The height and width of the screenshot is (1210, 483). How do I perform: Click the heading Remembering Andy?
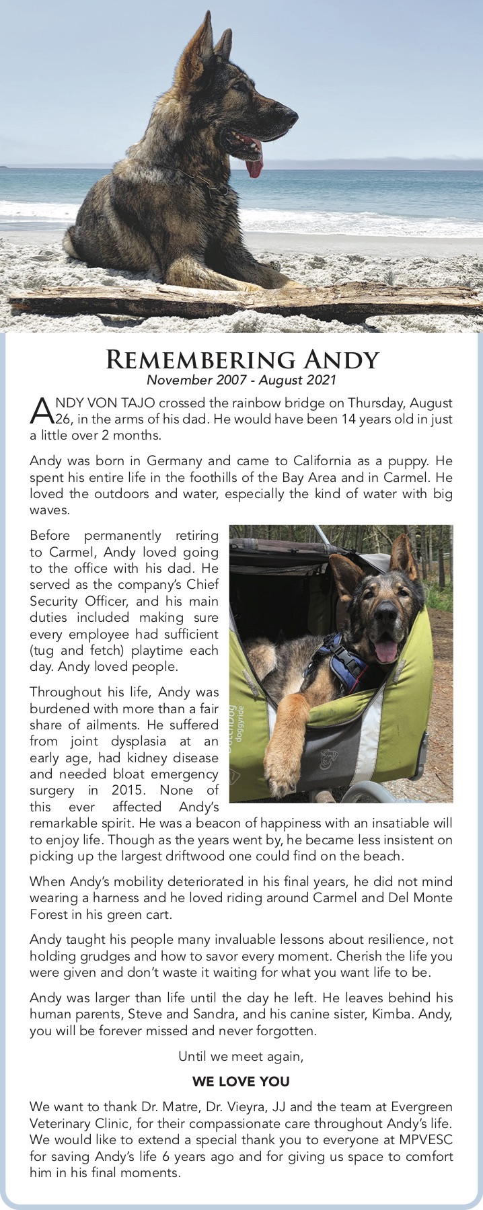pyautogui.click(x=242, y=360)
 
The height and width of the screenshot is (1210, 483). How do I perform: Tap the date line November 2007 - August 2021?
pyautogui.click(x=241, y=380)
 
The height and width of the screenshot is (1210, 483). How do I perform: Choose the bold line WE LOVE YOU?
pyautogui.click(x=241, y=1082)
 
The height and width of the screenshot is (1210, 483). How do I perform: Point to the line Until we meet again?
pyautogui.click(x=241, y=1057)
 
